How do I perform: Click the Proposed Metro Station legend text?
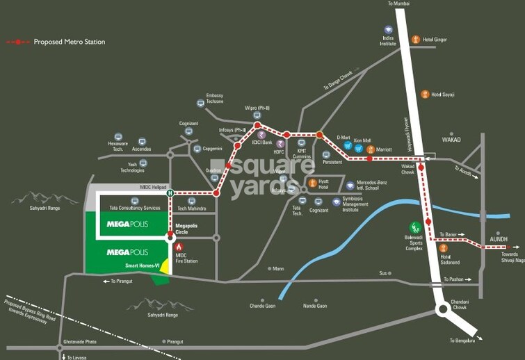click(70, 42)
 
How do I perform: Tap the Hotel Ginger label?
click(435, 40)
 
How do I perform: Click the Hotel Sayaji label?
click(442, 95)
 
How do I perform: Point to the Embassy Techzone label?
click(214, 98)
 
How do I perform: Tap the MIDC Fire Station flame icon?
click(179, 247)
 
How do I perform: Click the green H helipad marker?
click(169, 193)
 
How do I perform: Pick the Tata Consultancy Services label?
click(132, 208)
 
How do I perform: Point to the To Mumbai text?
click(400, 4)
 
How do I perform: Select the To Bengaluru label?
click(461, 341)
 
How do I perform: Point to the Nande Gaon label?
click(314, 305)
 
